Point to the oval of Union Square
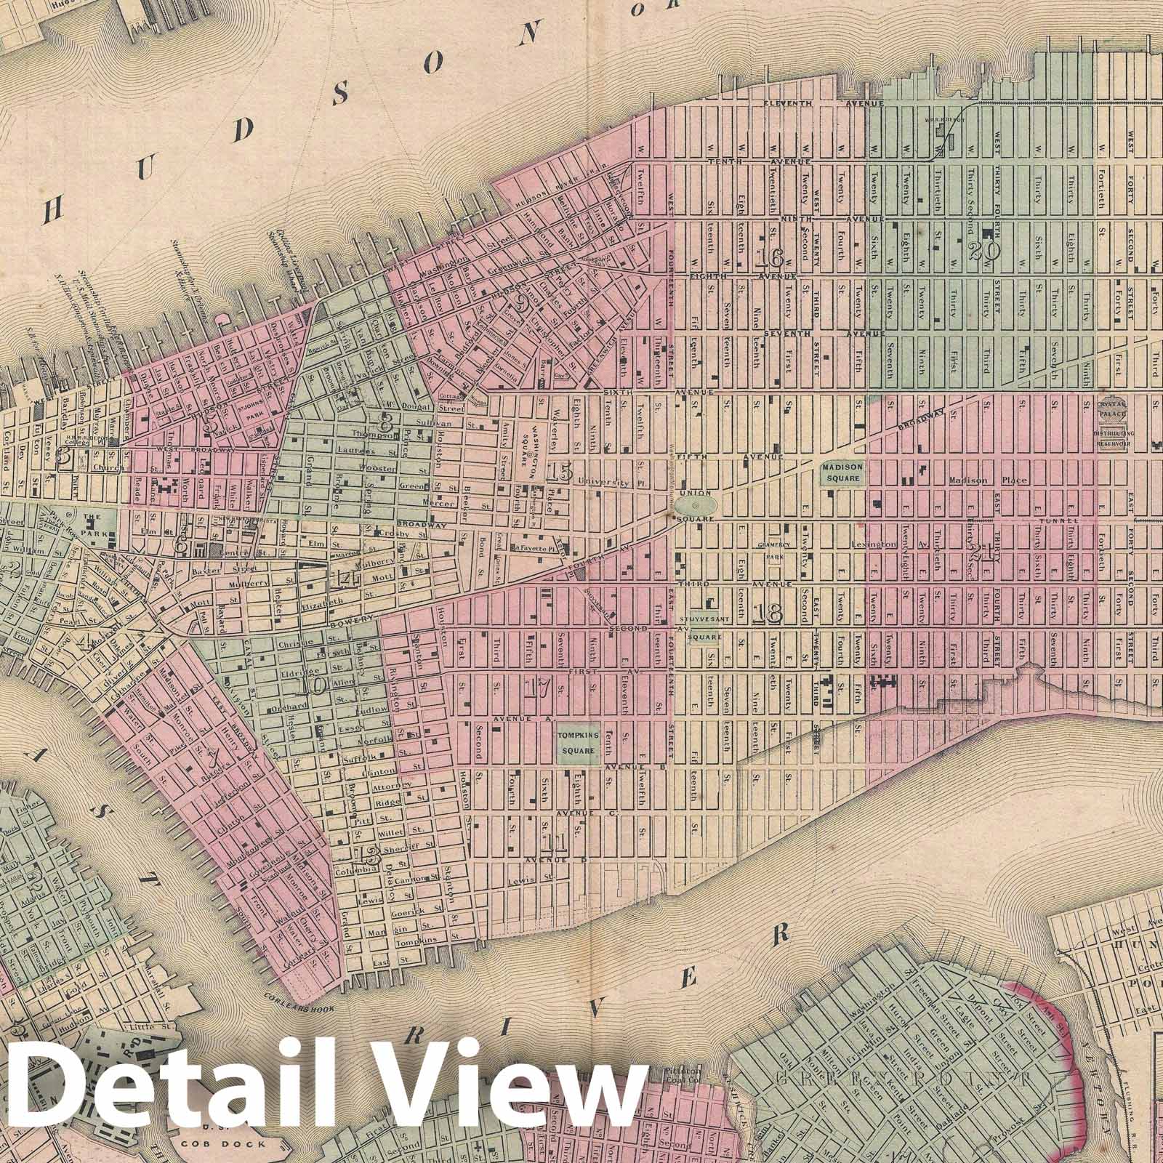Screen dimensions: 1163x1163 [x=693, y=504]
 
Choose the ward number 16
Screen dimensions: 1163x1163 [x=768, y=257]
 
